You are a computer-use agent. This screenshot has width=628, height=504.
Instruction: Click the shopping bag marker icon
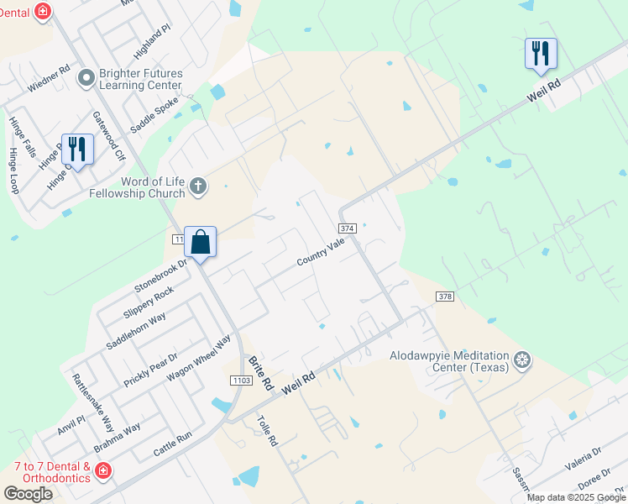(x=201, y=243)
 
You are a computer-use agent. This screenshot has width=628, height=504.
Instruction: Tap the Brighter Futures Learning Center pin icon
(x=85, y=79)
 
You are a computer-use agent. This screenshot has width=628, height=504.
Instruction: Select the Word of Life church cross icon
(x=198, y=186)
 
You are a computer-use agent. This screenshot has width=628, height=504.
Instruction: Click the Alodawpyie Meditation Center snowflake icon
(x=522, y=360)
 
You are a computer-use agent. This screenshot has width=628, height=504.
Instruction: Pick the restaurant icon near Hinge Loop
(x=77, y=150)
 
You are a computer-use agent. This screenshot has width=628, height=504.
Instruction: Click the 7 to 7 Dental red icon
(x=103, y=471)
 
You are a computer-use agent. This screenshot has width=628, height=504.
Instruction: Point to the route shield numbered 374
(x=348, y=228)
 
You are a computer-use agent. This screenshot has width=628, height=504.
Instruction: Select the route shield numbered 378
(x=445, y=296)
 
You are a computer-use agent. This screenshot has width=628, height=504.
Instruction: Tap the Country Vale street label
(x=321, y=252)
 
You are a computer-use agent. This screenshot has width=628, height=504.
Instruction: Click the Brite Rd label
(x=261, y=372)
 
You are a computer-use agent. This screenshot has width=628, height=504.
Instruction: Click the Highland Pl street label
(x=153, y=39)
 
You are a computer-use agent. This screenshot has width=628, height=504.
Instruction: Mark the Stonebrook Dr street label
(x=159, y=275)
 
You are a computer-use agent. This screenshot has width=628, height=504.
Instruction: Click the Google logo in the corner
(x=28, y=494)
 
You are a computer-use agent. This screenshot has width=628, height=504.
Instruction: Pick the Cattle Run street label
(x=172, y=444)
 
